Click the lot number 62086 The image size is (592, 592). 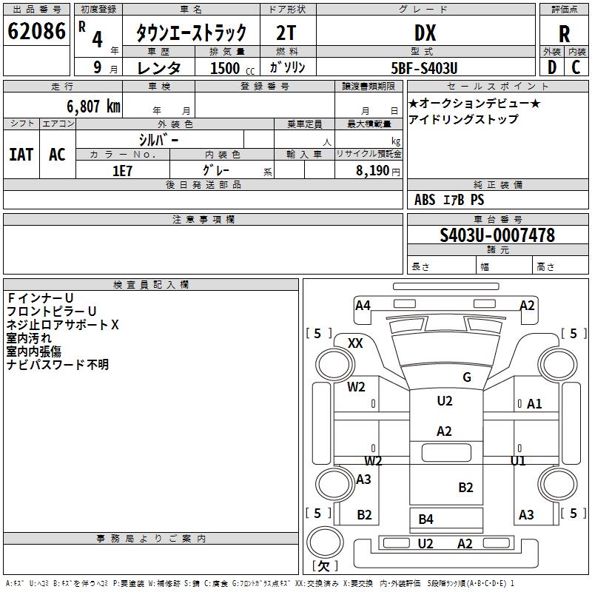click(36, 31)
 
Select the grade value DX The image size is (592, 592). click(425, 33)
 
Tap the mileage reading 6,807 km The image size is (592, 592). click(94, 107)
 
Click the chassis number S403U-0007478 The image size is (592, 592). click(497, 235)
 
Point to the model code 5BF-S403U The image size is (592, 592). click(424, 68)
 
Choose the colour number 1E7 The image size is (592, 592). click(122, 171)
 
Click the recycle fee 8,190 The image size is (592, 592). click(372, 171)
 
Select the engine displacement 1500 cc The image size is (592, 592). click(232, 68)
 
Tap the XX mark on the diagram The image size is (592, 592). click(355, 343)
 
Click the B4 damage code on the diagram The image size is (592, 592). click(425, 519)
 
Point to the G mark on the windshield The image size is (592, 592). click(467, 377)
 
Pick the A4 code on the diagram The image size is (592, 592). click(363, 305)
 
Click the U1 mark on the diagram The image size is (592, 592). click(517, 460)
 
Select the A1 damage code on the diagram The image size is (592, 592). click(534, 404)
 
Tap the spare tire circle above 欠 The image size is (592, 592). click(325, 542)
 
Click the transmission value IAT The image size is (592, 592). click(21, 155)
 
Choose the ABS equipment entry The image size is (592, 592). click(425, 200)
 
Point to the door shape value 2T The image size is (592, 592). click(286, 33)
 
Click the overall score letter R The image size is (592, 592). click(564, 34)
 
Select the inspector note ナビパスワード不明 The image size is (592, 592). click(58, 365)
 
